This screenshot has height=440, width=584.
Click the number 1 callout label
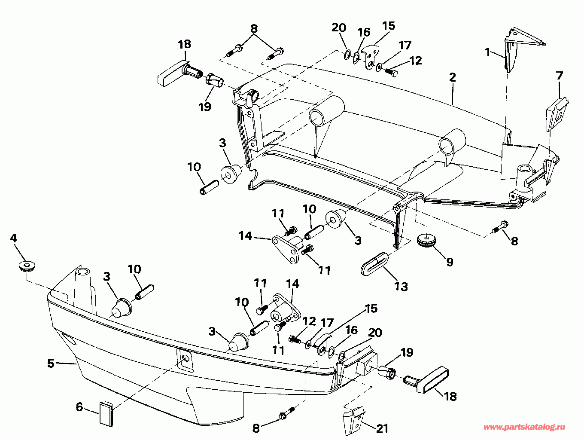(x=487, y=52)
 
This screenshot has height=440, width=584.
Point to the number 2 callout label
(x=452, y=77)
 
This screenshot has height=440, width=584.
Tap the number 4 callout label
(x=14, y=238)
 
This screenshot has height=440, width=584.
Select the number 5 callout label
(x=51, y=363)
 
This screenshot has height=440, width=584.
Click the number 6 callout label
(x=79, y=406)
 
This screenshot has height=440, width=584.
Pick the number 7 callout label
(x=559, y=76)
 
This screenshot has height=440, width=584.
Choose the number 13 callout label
(x=401, y=286)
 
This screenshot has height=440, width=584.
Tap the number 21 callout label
(x=382, y=428)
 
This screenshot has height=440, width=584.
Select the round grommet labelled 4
(x=27, y=266)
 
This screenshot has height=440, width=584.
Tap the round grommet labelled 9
(x=426, y=240)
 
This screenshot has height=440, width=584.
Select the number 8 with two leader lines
(x=254, y=29)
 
